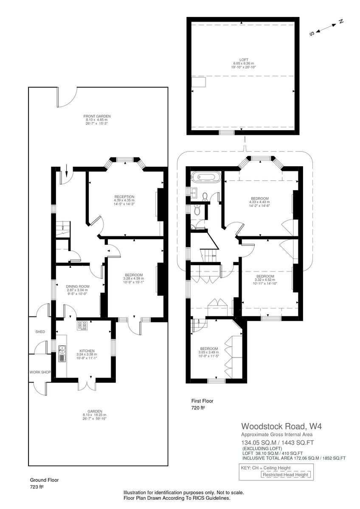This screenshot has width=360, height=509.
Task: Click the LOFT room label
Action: [244, 60]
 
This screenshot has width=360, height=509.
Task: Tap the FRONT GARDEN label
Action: [97, 116]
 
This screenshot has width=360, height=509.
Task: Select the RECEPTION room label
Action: [124, 197]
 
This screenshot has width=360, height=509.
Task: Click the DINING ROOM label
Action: [76, 286]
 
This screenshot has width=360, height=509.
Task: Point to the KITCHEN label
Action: [87, 351]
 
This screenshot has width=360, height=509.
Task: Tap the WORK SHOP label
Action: [40, 372]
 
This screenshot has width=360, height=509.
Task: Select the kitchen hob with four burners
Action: [82, 326]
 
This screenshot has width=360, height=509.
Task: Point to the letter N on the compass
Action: [340, 22]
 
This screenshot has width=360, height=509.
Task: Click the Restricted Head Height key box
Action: [285, 475]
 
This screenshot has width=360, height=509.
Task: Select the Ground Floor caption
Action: [44, 480]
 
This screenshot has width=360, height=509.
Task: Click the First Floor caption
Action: [202, 401]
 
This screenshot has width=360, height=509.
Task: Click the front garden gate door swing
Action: [66, 97]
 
